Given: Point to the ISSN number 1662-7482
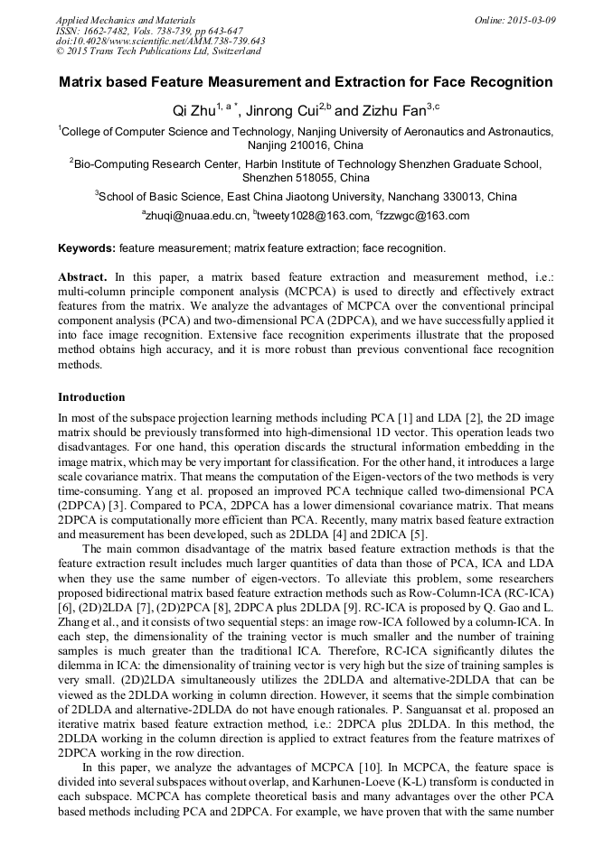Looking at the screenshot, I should (x=108, y=30).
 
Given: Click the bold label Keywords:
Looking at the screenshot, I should (x=87, y=247).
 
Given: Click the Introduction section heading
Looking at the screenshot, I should (x=91, y=396).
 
